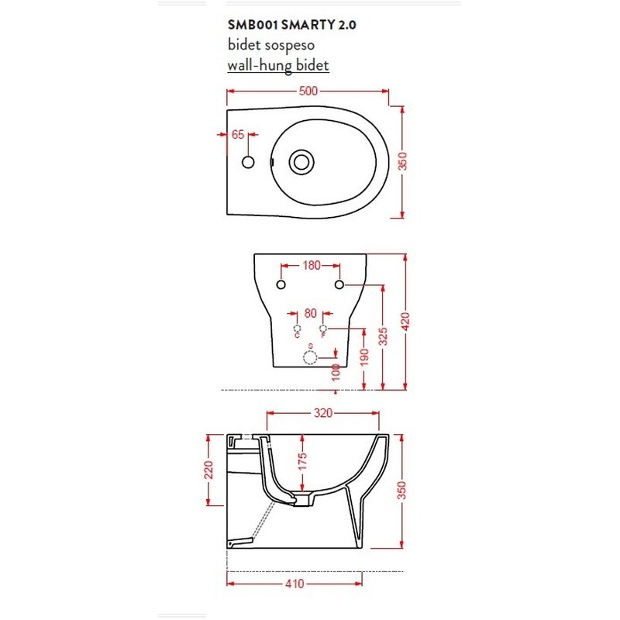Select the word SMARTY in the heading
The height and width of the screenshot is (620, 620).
[x=307, y=25]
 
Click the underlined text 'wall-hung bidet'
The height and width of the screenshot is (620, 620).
[x=278, y=66]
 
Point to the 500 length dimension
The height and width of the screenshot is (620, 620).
[x=308, y=91]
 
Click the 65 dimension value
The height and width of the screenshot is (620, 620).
[x=238, y=135]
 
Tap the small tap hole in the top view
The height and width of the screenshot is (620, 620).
[x=249, y=162]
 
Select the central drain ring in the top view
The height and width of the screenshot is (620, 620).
[x=301, y=162]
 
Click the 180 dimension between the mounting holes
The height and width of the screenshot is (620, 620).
[x=311, y=266]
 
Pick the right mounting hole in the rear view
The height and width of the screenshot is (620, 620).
[x=339, y=285]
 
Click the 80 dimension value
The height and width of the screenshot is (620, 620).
[x=311, y=314]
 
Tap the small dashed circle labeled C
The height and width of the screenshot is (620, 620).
[x=297, y=329]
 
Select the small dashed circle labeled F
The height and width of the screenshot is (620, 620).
[x=324, y=329]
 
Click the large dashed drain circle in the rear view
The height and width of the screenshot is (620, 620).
[x=310, y=356]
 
